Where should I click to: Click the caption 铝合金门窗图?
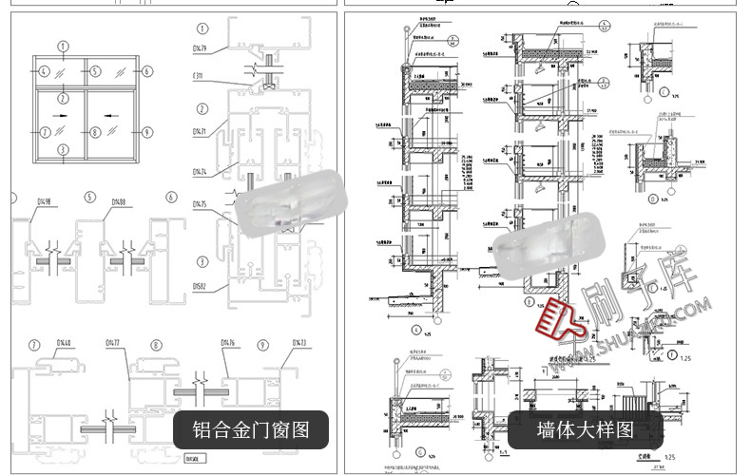[x=251, y=429]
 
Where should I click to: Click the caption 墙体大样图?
[x=585, y=429]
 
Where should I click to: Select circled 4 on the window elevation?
[x=45, y=71]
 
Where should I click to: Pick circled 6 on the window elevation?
[x=147, y=71]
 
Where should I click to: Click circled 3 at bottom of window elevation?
[x=63, y=149]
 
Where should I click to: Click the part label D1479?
[x=200, y=47]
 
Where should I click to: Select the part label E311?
[x=198, y=75]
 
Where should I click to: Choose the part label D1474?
[x=200, y=172]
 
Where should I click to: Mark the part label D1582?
[x=200, y=285]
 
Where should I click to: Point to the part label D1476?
[x=228, y=343]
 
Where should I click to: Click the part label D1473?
[x=299, y=343]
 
